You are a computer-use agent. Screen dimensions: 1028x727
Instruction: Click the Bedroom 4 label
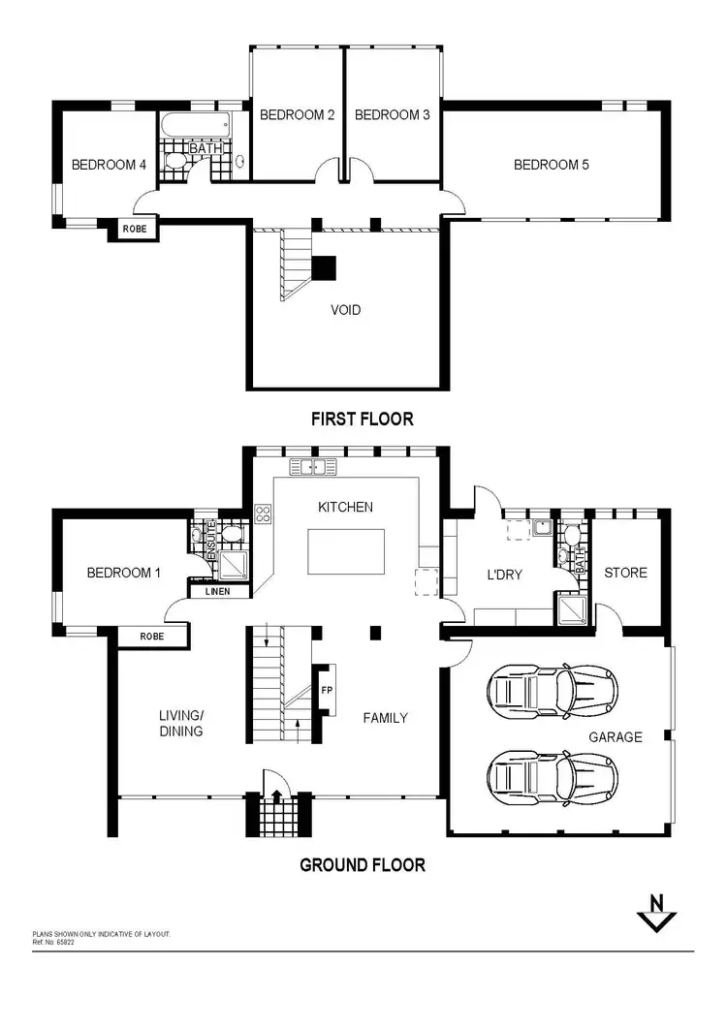pyautogui.click(x=109, y=165)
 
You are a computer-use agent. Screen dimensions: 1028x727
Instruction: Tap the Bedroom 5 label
pyautogui.click(x=551, y=165)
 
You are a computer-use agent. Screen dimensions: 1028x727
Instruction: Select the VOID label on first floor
pyautogui.click(x=346, y=310)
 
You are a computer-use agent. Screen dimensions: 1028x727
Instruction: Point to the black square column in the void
pyautogui.click(x=324, y=267)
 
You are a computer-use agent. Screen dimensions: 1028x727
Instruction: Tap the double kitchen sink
pyautogui.click(x=312, y=468)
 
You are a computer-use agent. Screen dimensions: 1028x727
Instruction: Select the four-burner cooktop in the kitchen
pyautogui.click(x=262, y=514)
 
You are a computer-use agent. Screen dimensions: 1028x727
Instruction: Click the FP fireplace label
pyautogui.click(x=326, y=691)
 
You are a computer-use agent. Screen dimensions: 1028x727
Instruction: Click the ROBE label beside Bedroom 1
pyautogui.click(x=151, y=637)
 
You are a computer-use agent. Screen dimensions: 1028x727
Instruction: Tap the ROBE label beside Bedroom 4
pyautogui.click(x=133, y=230)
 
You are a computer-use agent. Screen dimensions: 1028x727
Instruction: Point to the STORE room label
pyautogui.click(x=625, y=573)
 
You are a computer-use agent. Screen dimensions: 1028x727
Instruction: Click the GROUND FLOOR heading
pyautogui.click(x=363, y=864)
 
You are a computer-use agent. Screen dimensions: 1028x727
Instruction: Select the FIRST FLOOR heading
pyautogui.click(x=362, y=419)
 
